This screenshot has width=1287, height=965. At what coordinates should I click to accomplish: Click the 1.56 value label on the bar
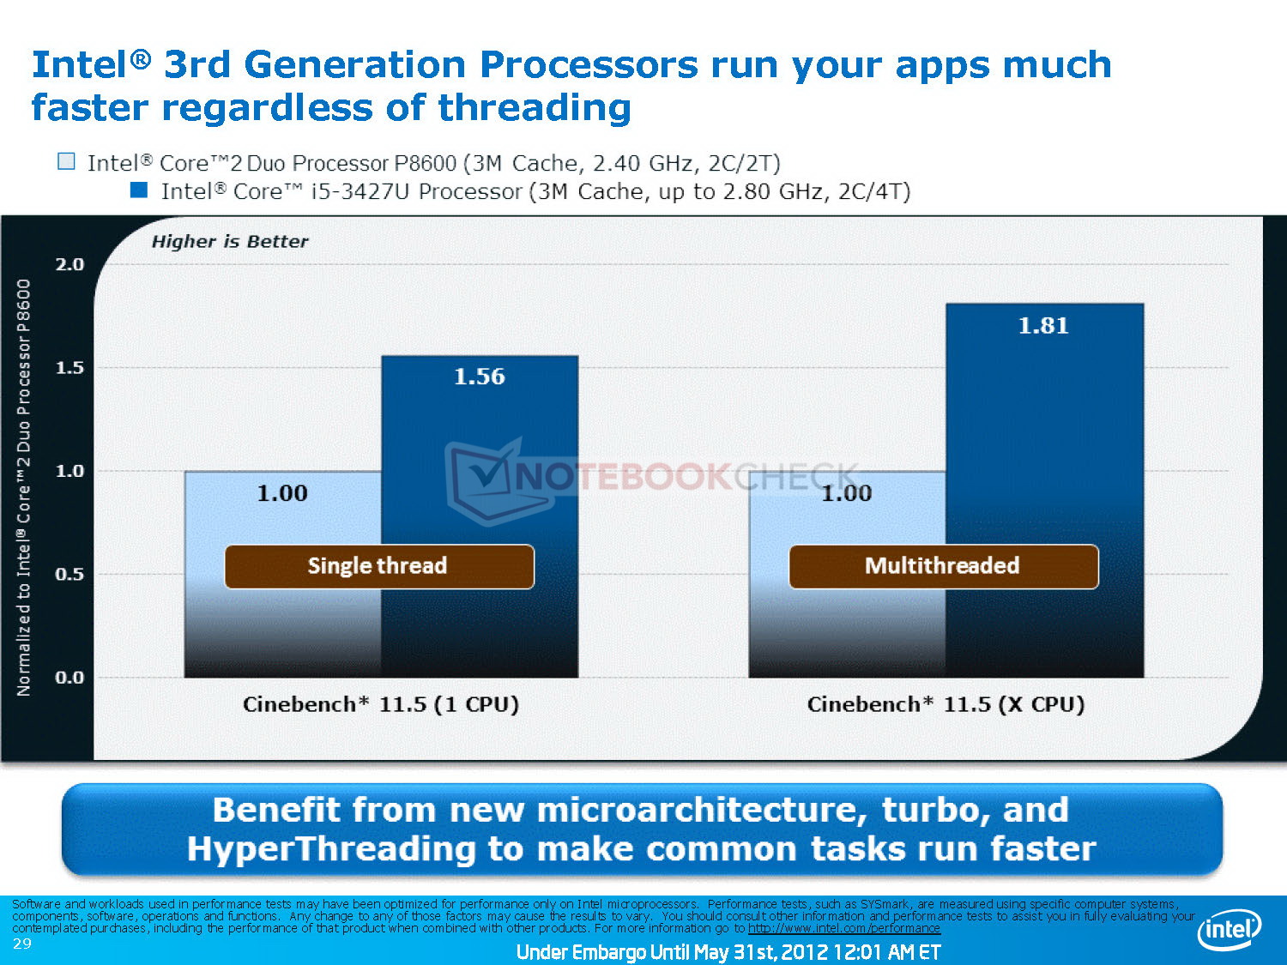pyautogui.click(x=479, y=377)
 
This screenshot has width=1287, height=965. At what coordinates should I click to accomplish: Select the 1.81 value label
pyautogui.click(x=1043, y=325)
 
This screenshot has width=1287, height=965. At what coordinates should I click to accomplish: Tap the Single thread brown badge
pyautogui.click(x=379, y=567)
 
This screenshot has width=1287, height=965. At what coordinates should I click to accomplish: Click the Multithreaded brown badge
pyautogui.click(x=944, y=567)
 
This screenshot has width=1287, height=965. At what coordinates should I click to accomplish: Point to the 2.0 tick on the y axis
pyautogui.click(x=69, y=264)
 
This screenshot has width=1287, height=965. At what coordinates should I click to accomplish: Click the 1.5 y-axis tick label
pyautogui.click(x=69, y=368)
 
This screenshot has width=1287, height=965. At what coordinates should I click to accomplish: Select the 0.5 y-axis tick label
pyautogui.click(x=69, y=574)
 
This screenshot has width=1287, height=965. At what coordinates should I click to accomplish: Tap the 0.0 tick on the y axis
pyautogui.click(x=69, y=678)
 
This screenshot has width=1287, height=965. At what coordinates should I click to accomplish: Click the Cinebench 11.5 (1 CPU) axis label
pyautogui.click(x=381, y=704)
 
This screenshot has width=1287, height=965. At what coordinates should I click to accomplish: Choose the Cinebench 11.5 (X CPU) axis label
pyautogui.click(x=946, y=704)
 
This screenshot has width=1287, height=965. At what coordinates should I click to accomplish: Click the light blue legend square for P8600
pyautogui.click(x=66, y=161)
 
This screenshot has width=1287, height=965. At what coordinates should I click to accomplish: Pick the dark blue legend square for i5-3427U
pyautogui.click(x=139, y=190)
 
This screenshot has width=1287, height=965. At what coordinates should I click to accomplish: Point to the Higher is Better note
pyautogui.click(x=230, y=241)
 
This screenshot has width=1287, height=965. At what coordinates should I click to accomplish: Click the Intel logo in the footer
pyautogui.click(x=1229, y=929)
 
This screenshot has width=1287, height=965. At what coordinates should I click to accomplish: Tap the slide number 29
pyautogui.click(x=21, y=944)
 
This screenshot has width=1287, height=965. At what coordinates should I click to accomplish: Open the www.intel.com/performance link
pyautogui.click(x=844, y=928)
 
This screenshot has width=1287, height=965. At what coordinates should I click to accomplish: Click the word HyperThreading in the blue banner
pyautogui.click(x=331, y=849)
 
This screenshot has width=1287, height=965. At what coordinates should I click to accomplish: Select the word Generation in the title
pyautogui.click(x=354, y=64)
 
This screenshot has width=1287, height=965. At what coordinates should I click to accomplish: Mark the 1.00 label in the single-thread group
pyautogui.click(x=282, y=493)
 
